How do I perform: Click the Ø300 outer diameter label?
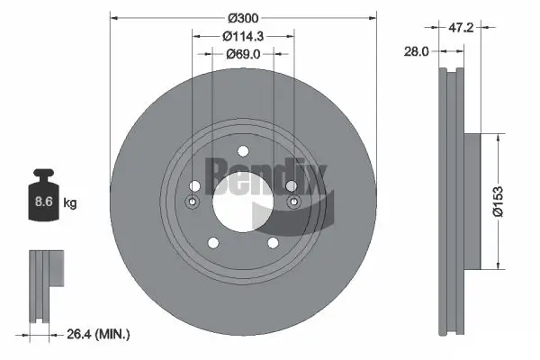241,18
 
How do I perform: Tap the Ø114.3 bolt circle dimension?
241,37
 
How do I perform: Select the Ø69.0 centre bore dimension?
241,55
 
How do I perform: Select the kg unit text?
70,203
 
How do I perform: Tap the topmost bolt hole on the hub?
241,152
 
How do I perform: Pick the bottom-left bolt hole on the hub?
212,242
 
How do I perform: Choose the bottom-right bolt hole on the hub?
270,242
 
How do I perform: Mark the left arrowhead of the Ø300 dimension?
112,18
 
